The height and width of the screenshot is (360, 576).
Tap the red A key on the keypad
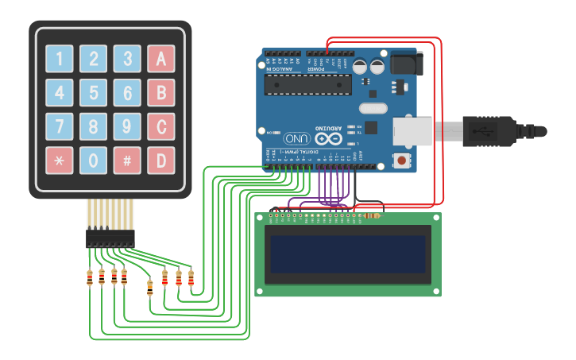click(x=160, y=59)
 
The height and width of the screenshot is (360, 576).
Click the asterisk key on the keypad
click(x=60, y=160)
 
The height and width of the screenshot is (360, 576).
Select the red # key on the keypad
click(x=127, y=160)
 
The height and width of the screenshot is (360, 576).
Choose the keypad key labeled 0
click(x=93, y=160)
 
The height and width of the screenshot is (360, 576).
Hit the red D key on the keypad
click(x=160, y=160)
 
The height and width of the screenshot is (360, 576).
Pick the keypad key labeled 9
click(x=127, y=126)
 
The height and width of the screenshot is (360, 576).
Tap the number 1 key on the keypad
click(x=60, y=59)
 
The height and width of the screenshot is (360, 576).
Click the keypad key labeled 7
click(x=60, y=126)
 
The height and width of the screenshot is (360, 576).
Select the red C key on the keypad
click(x=160, y=126)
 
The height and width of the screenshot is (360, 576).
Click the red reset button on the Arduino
click(x=403, y=161)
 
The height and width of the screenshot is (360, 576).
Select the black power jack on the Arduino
click(x=405, y=64)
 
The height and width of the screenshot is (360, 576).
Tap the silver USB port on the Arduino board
click(x=413, y=132)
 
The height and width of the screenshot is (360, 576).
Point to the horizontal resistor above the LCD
click(x=370, y=215)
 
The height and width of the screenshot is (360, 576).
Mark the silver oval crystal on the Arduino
click(x=373, y=108)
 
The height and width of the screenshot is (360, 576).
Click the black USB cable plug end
click(x=516, y=131)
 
